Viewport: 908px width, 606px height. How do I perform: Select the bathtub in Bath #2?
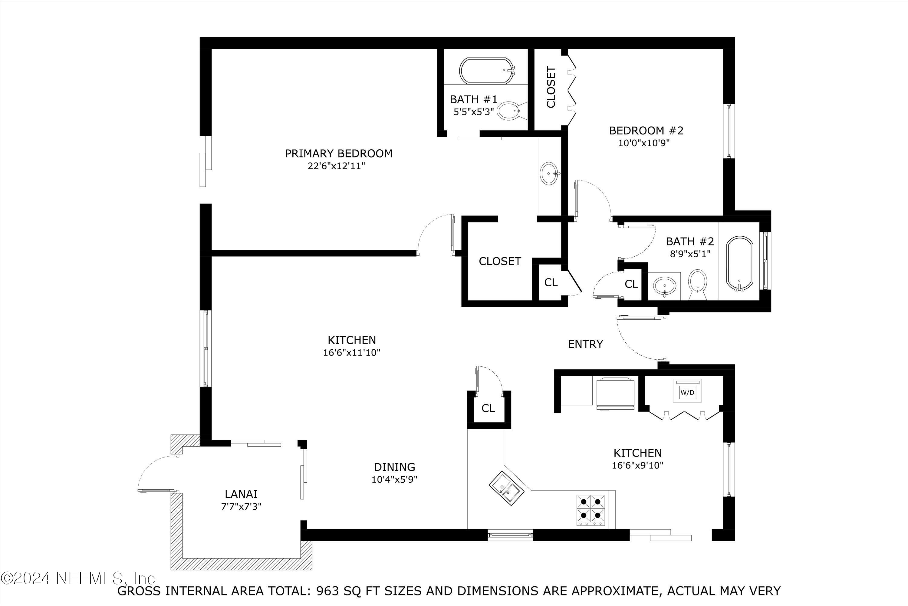pyautogui.click(x=740, y=263)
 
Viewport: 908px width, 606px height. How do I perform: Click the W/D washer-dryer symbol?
pyautogui.click(x=687, y=392)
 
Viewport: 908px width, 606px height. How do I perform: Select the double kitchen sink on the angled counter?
pyautogui.click(x=507, y=489)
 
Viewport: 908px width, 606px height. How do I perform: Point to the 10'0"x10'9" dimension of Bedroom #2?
pyautogui.click(x=643, y=143)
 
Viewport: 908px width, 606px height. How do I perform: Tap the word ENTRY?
pyautogui.click(x=585, y=344)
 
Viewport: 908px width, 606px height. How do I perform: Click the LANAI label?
pyautogui.click(x=241, y=494)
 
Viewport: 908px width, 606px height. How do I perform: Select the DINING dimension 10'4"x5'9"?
pyautogui.click(x=395, y=480)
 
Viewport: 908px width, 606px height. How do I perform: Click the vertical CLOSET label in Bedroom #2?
pyautogui.click(x=551, y=87)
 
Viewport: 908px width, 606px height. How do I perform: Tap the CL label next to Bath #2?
pyautogui.click(x=631, y=285)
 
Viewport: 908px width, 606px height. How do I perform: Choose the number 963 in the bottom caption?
pyautogui.click(x=328, y=591)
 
